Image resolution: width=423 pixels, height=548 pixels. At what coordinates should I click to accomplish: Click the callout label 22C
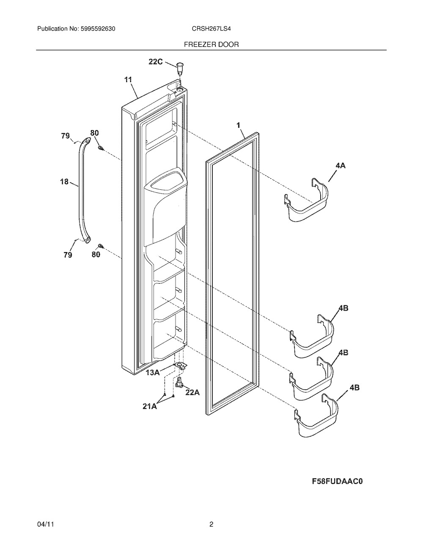(156, 61)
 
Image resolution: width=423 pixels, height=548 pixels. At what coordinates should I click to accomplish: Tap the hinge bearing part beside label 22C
(179, 67)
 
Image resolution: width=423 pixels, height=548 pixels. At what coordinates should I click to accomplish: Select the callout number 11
(128, 80)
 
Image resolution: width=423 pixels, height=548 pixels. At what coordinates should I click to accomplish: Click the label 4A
(340, 166)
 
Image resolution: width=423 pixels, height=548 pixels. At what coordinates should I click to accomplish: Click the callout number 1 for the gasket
(239, 125)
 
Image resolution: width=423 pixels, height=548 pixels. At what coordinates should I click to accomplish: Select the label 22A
(192, 392)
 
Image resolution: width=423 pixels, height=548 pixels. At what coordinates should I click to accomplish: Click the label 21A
(150, 406)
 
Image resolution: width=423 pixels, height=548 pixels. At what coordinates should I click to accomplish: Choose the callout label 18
(64, 181)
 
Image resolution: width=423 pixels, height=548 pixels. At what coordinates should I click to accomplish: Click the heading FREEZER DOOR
(211, 44)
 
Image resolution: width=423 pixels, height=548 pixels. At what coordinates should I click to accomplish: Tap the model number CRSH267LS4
(211, 29)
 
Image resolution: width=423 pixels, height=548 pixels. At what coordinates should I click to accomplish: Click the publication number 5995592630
(98, 29)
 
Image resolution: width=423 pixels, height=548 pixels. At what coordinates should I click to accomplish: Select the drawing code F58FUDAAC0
(338, 482)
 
